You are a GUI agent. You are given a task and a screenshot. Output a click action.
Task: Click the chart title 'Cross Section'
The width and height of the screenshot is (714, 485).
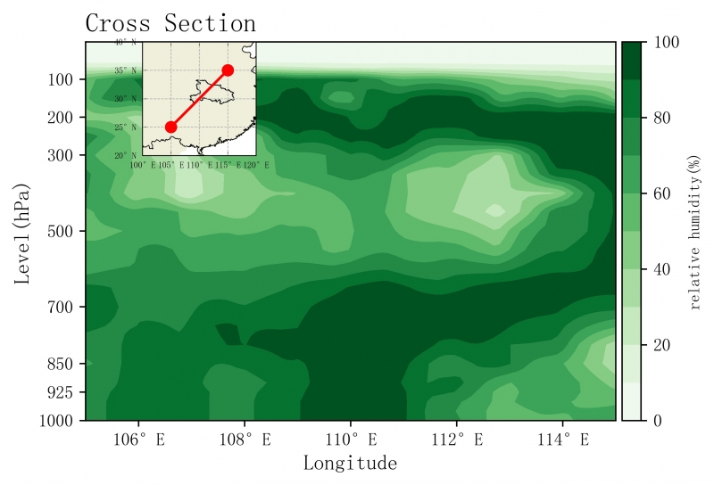click(170, 24)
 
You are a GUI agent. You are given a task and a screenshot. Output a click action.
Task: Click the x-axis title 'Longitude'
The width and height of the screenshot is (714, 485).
click(350, 463)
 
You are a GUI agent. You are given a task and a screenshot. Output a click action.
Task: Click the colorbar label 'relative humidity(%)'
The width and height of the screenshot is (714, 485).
click(695, 232)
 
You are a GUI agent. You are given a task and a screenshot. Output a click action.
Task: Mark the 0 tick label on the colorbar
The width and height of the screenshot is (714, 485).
click(659, 420)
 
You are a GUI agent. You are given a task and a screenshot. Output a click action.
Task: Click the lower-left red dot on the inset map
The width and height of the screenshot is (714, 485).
click(170, 127)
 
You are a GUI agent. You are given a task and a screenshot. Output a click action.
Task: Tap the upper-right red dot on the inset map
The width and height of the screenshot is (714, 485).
click(228, 70)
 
